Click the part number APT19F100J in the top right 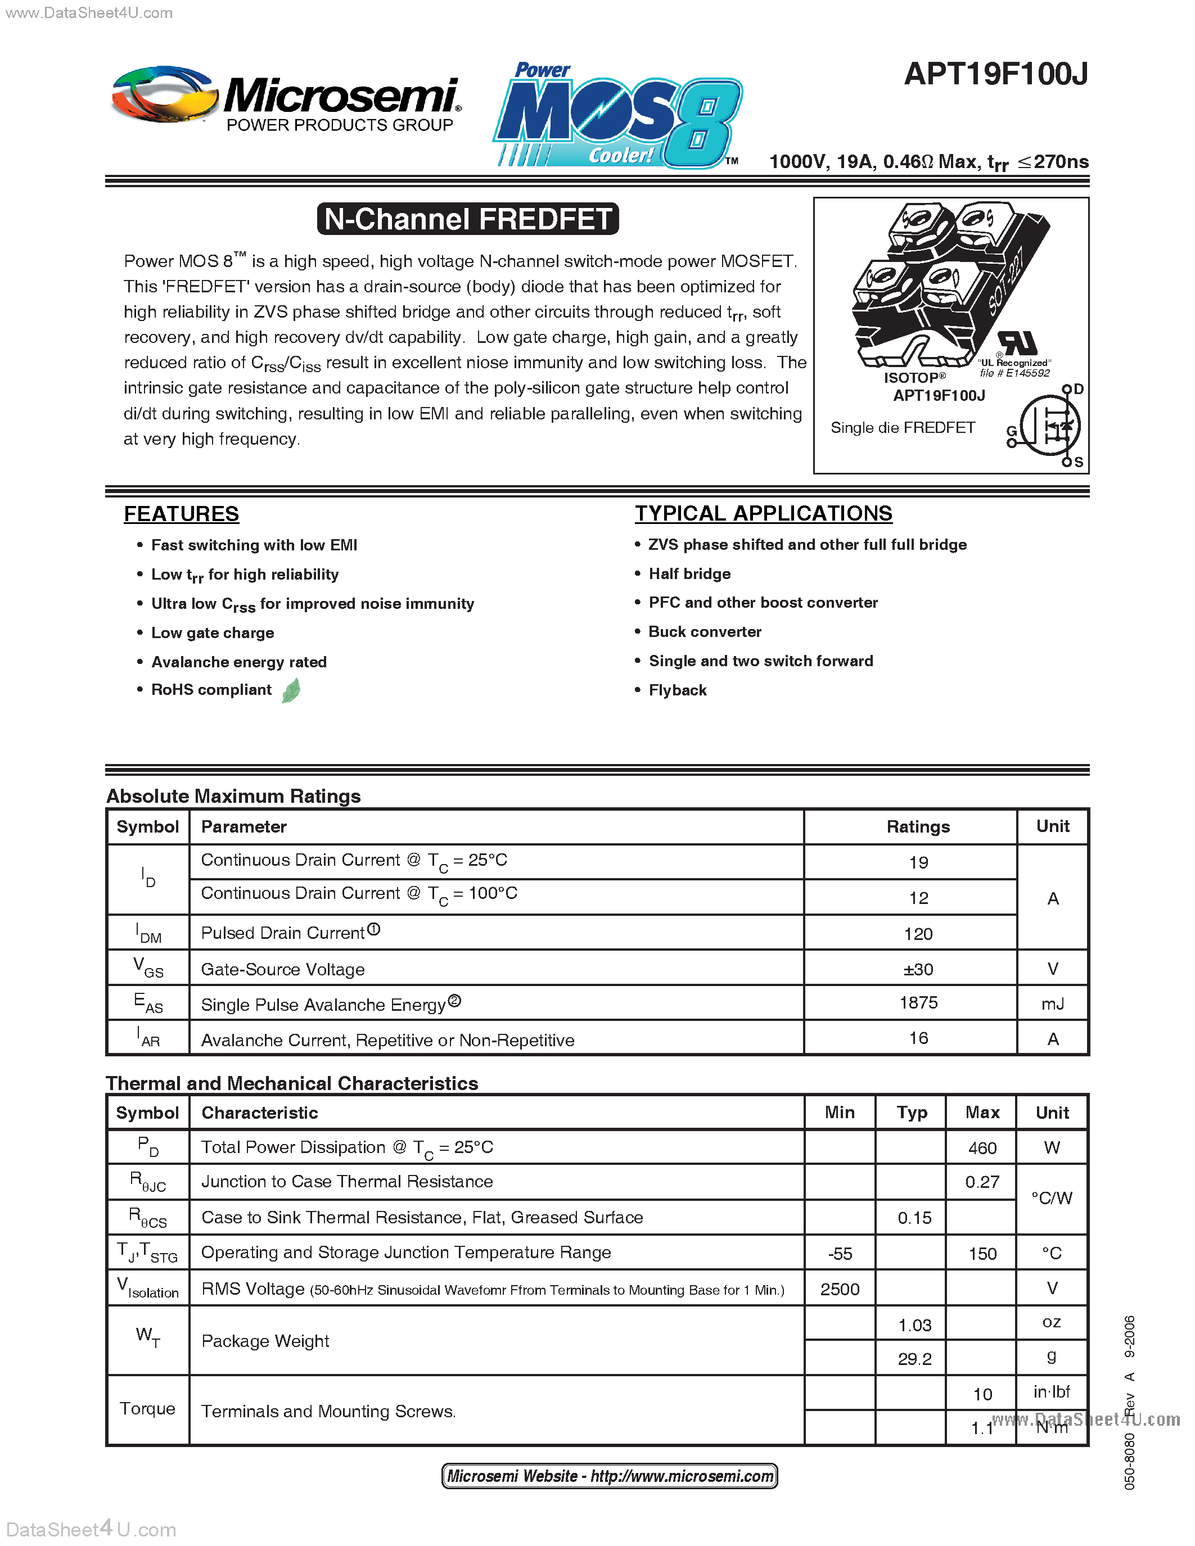click(995, 74)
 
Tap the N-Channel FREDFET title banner click(468, 219)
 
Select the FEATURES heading click(181, 514)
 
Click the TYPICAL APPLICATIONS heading click(763, 513)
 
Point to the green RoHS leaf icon click(291, 690)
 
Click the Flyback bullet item click(678, 690)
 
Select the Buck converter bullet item click(705, 631)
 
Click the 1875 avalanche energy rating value click(918, 1002)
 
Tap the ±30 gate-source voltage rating click(918, 969)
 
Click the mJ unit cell click(1053, 1003)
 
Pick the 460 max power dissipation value click(982, 1148)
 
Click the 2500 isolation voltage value click(840, 1289)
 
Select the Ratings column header click(918, 827)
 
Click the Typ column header click(912, 1113)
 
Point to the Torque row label click(147, 1409)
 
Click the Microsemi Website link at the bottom click(610, 1476)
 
